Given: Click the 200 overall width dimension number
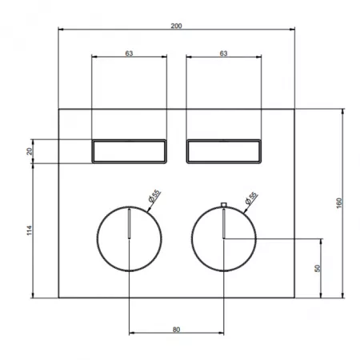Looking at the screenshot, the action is (x=176, y=26).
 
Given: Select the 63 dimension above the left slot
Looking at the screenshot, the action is (x=129, y=54).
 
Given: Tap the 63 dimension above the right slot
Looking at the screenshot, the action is (x=223, y=54).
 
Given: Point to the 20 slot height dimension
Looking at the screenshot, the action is (x=30, y=151).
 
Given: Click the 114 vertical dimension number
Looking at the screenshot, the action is (x=30, y=230).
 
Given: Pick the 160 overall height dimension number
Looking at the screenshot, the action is (x=339, y=203).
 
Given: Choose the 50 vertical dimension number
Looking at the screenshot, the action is (x=318, y=268).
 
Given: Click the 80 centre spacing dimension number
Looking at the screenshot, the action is (x=176, y=330).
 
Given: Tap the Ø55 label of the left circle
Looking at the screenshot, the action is (x=154, y=196).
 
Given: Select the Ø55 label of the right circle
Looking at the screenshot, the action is (x=251, y=198).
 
